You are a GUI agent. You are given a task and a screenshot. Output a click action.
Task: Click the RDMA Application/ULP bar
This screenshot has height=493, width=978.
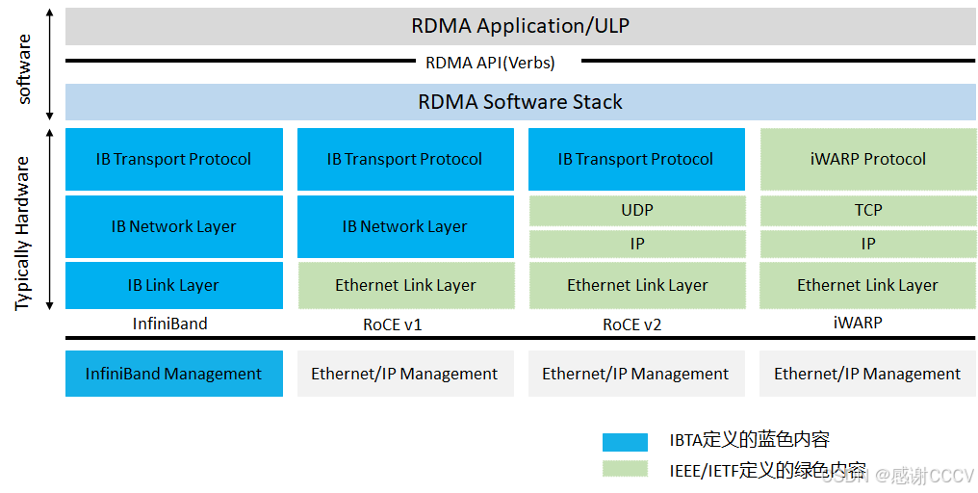520,26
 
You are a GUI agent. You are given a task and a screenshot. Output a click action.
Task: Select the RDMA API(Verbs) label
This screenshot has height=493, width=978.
490,63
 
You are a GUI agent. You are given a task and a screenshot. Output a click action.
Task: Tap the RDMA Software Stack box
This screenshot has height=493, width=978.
520,102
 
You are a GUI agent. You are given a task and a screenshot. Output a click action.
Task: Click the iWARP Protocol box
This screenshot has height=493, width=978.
868,159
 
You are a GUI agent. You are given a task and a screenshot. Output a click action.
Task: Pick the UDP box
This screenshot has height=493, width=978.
637,210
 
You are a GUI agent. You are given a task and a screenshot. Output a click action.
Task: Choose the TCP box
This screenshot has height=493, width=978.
868,210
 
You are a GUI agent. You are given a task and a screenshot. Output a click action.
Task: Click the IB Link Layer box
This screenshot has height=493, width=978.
173,285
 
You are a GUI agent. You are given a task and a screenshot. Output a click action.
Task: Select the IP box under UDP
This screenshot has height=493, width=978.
637,244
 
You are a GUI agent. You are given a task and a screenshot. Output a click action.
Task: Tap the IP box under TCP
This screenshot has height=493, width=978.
868,244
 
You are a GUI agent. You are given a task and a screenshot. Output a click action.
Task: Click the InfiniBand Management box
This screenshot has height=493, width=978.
173,374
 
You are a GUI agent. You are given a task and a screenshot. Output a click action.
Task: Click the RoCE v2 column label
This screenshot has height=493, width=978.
632,324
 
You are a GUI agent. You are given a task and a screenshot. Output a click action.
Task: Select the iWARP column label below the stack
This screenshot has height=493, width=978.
858,324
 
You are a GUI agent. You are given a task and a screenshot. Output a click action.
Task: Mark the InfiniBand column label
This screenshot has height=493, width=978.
170,324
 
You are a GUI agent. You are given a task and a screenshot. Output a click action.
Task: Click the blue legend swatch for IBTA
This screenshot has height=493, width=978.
625,442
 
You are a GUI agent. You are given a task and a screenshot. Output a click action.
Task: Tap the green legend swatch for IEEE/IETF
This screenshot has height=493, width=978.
625,469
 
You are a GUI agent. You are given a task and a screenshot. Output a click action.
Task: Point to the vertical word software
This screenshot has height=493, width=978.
25,69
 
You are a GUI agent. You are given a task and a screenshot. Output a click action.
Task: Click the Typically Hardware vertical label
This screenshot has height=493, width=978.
23,233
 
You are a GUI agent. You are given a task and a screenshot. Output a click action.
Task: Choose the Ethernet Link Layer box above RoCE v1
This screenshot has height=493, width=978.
405,285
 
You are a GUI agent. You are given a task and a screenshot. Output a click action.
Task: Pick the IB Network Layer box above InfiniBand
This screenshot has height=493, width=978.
173,227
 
